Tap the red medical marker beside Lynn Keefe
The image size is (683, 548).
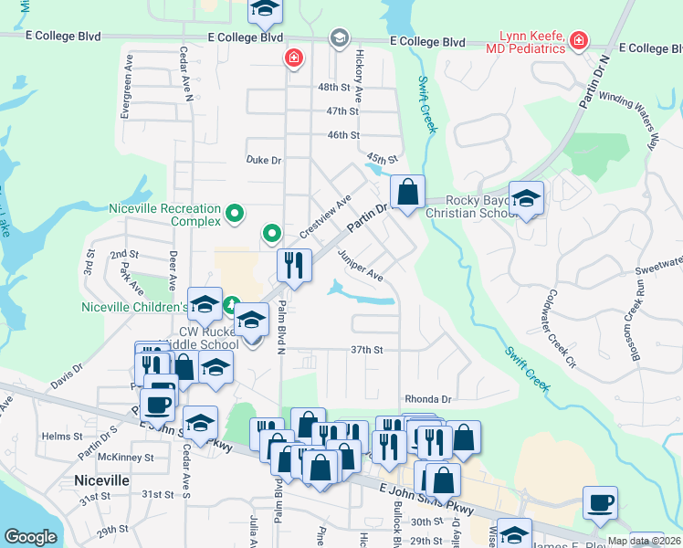point(577,40)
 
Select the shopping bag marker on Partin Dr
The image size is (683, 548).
point(407,193)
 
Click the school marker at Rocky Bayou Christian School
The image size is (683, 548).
point(526,197)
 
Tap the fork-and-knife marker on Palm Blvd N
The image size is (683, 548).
point(293,265)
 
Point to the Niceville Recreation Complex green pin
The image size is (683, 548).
point(235,215)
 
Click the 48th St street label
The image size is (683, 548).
point(333,88)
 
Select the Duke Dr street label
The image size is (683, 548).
point(264,160)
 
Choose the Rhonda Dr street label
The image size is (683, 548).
point(428,400)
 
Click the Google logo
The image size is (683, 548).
point(31,537)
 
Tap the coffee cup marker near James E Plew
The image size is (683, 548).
point(600,502)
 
